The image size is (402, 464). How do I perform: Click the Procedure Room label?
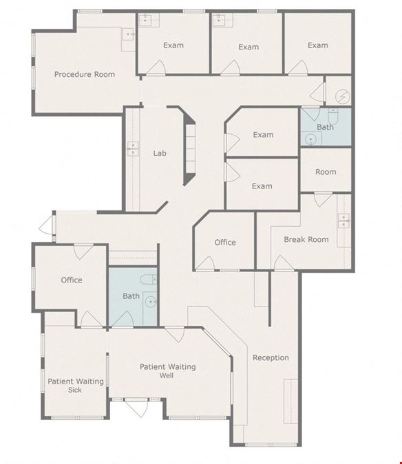click(85, 74)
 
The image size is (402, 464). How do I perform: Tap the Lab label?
click(160, 153)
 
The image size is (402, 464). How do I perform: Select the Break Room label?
click(306, 239)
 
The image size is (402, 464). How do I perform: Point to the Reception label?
click(271, 357)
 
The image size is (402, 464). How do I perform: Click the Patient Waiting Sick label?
click(76, 385)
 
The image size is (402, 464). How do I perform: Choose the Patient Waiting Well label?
click(168, 371)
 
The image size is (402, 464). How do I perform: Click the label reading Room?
click(326, 172)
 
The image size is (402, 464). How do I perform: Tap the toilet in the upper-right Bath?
click(333, 116)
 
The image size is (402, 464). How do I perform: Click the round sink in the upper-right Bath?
click(310, 139)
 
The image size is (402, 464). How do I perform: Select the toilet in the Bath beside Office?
click(149, 279)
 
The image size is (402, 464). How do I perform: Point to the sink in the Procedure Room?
click(129, 34)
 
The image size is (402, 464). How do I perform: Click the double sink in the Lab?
click(132, 148)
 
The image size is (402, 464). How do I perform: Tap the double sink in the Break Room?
click(343, 221)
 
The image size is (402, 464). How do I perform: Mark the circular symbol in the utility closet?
click(342, 96)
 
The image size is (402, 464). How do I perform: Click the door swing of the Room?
click(323, 200)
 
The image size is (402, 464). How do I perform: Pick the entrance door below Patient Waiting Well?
click(136, 408)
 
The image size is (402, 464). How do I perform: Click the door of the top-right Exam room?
click(298, 67)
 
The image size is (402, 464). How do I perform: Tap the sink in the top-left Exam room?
click(145, 19)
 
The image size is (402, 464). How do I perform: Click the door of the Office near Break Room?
click(205, 263)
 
